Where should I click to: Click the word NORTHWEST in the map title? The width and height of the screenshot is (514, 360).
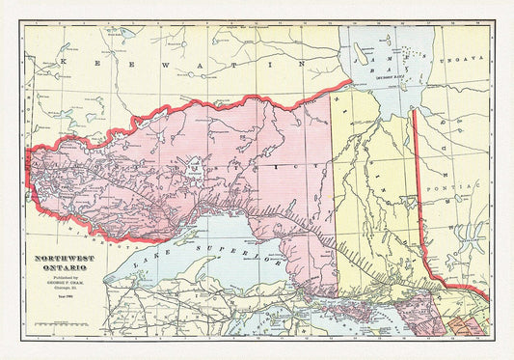point(68,259)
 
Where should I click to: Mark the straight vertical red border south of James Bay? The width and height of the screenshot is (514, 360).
point(414,183)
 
